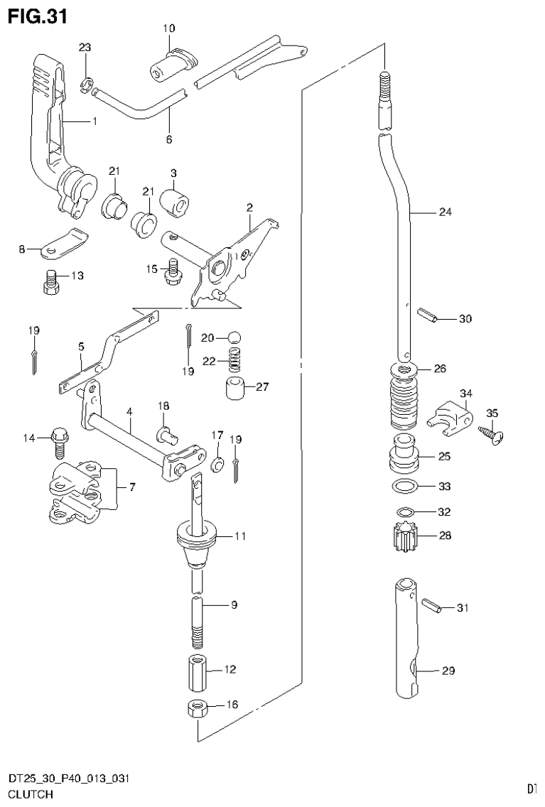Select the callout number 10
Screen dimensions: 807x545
pyautogui.click(x=168, y=29)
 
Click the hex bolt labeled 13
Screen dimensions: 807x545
pyautogui.click(x=50, y=282)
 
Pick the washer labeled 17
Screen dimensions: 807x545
pyautogui.click(x=218, y=464)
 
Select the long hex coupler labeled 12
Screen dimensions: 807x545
pyautogui.click(x=198, y=673)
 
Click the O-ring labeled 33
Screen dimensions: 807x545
pyautogui.click(x=405, y=487)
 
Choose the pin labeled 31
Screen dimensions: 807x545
pyautogui.click(x=431, y=605)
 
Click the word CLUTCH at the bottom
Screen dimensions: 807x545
pyautogui.click(x=31, y=795)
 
